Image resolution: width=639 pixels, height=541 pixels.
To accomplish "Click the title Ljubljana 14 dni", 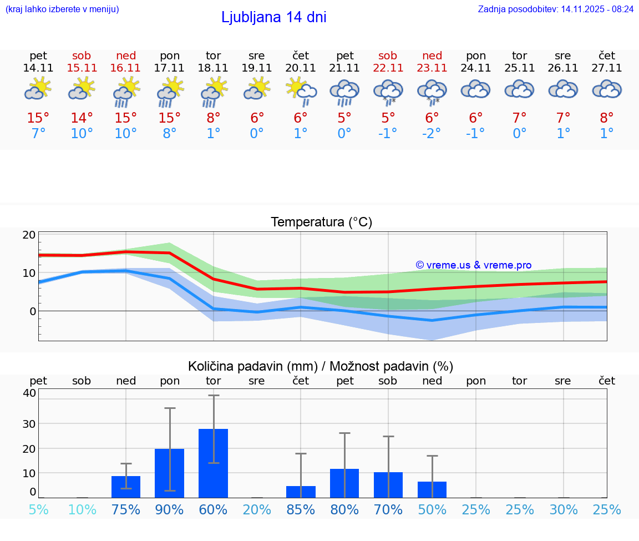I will tap(273, 17).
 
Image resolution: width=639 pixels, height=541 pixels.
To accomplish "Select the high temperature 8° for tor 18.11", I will tap(214, 118).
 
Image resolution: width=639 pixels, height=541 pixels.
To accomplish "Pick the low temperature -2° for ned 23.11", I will tap(432, 134).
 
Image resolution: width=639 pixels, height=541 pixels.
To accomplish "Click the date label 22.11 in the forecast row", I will tap(388, 68).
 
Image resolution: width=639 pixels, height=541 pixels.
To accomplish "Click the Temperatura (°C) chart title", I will tap(321, 222).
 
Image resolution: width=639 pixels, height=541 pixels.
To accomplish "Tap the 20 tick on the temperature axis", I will tap(29, 235).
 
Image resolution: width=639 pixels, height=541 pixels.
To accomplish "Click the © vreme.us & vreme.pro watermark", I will tap(473, 265).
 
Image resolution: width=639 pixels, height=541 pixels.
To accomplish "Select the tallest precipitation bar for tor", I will tap(214, 463).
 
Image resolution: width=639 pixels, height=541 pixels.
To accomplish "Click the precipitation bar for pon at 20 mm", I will tap(170, 473).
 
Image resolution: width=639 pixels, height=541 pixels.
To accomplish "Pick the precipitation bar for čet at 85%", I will tap(301, 492).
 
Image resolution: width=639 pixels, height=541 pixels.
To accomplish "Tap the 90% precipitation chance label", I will tap(170, 509).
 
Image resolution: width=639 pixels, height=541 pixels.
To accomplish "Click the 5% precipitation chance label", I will tap(38, 509).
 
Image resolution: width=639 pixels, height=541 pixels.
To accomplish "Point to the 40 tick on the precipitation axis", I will tap(29, 393).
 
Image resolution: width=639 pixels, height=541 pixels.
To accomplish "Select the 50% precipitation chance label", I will tap(432, 509).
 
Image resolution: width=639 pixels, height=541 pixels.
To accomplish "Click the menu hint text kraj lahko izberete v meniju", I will tap(62, 9).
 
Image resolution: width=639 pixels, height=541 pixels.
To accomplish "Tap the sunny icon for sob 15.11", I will tap(82, 89).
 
